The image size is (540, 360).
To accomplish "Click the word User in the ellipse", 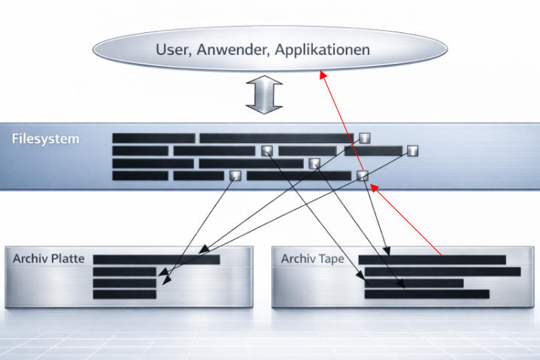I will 171,50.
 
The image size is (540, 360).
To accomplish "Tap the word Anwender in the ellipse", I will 229,50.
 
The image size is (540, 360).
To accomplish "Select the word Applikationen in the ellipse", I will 322,50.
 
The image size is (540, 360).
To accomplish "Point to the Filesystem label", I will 45,139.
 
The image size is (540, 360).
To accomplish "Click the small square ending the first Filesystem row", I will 365,138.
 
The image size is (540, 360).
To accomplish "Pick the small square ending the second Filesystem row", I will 411,150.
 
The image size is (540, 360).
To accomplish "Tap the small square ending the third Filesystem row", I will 314,163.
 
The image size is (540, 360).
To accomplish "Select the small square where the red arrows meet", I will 363,176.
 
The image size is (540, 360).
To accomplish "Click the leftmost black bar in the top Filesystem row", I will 153,138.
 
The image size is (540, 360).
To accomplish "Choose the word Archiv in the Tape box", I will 297,259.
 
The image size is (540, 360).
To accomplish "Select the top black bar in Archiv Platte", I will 156,259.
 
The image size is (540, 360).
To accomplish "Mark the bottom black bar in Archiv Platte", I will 125,295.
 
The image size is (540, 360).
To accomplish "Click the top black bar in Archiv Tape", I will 432,259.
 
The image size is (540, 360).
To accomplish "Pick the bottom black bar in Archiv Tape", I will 426,295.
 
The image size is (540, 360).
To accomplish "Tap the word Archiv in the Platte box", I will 29,259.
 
